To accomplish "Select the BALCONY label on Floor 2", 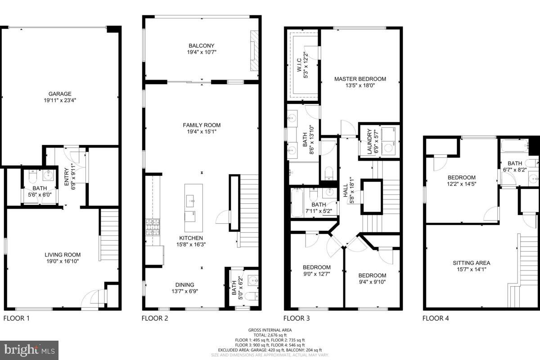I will [x=201, y=45].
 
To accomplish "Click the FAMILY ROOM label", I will [x=202, y=125].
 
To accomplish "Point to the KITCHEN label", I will [x=191, y=238].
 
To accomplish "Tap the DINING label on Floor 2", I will [x=184, y=284].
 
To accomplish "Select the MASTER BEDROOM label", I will [x=360, y=79].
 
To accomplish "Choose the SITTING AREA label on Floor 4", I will [x=471, y=263].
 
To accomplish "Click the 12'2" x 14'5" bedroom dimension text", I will [x=461, y=184].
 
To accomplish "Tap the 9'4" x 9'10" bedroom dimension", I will [x=372, y=282].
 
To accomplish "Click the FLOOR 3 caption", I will [x=297, y=319].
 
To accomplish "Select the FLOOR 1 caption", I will [x=16, y=319].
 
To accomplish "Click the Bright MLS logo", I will [x=29, y=349].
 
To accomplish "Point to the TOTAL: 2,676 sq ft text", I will [x=270, y=335].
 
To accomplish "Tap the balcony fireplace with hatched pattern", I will [x=255, y=49].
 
